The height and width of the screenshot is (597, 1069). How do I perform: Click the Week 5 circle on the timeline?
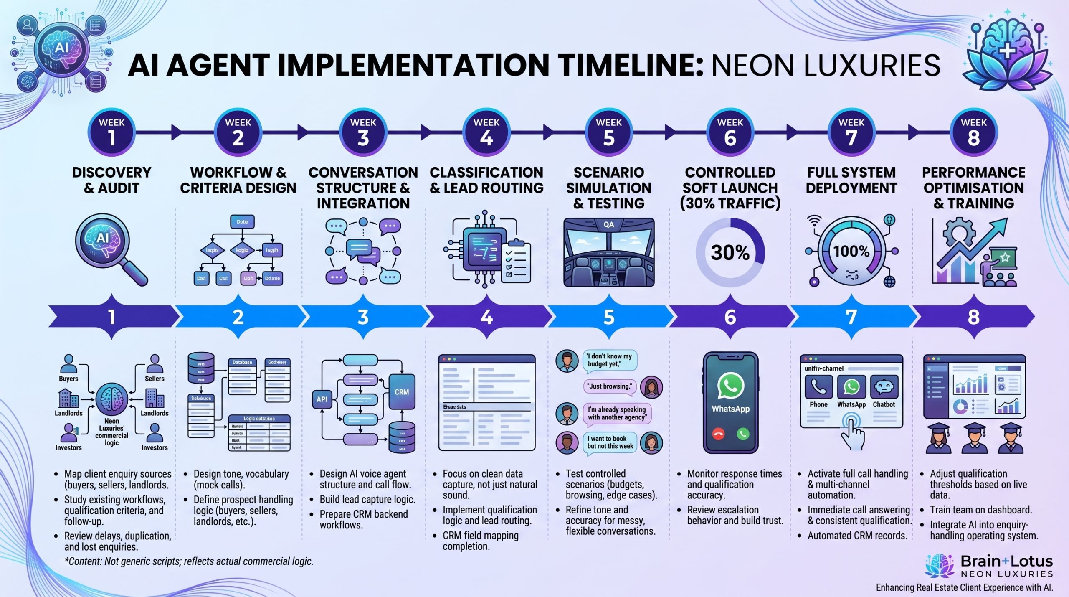point(608,133)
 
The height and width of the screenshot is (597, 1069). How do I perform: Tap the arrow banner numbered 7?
point(851,317)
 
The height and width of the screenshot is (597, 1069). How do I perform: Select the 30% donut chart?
point(730,252)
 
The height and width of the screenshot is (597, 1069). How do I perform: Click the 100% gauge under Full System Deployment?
point(851,252)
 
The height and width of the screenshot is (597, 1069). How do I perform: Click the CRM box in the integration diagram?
point(402,392)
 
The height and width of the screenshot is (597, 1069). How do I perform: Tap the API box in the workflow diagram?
point(322,399)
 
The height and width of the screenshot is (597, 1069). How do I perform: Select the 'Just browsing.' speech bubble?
point(609,386)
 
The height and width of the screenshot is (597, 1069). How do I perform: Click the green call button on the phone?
point(743,434)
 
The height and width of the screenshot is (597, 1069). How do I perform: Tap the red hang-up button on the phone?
point(718,434)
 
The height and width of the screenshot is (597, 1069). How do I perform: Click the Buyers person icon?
point(68,364)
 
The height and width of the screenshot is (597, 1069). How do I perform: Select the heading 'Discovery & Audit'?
point(111,180)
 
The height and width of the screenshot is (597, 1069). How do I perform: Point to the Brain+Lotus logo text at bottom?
point(1006,561)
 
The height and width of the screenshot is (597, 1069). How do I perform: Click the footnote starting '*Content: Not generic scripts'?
point(189,561)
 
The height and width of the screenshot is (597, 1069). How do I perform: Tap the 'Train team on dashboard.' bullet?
point(980,510)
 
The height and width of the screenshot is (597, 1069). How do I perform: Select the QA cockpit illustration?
point(608,252)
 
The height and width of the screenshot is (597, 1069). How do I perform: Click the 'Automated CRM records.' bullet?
point(857,536)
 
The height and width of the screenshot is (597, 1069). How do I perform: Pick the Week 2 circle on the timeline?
point(238,133)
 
